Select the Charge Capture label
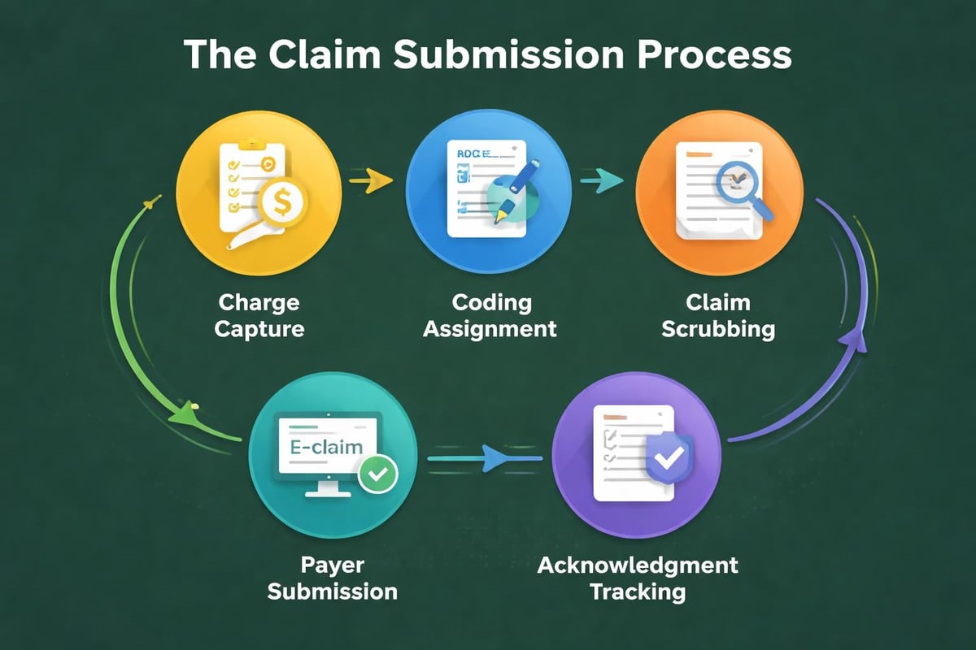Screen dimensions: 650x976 point(259,315)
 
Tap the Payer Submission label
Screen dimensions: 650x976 point(332,576)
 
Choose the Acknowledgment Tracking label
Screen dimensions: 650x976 point(638,576)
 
